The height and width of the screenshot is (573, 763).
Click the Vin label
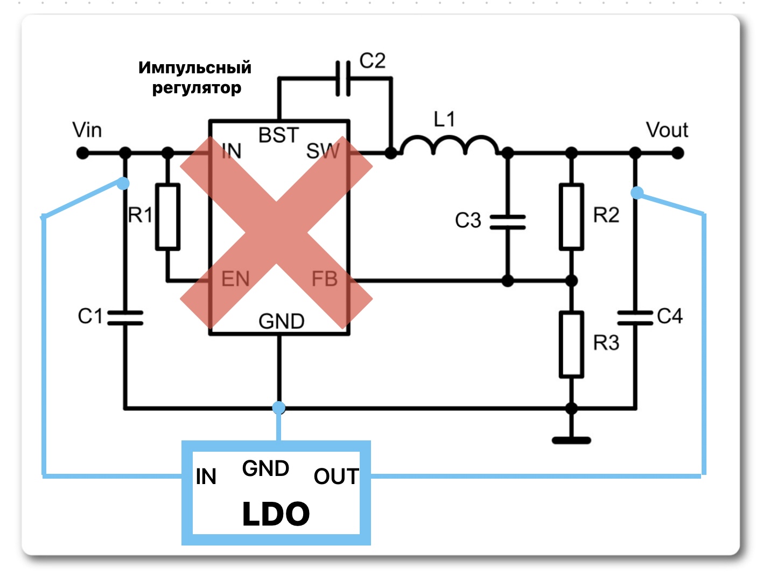[87, 130]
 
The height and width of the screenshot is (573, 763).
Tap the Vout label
[667, 130]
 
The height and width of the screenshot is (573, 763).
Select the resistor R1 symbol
[167, 217]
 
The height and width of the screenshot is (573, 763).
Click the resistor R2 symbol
[571, 217]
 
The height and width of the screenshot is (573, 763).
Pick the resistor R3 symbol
[571, 344]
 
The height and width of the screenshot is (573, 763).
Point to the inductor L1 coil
[450, 145]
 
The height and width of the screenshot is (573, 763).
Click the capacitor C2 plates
[343, 79]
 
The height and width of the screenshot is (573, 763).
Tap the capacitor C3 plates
[508, 222]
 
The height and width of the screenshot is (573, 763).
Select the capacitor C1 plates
[125, 318]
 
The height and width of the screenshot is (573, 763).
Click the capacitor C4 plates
[635, 318]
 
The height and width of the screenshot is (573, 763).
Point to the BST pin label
[278, 135]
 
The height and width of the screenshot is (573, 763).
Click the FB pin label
[325, 279]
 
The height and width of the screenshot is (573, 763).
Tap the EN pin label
[235, 279]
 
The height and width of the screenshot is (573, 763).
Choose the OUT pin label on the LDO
[336, 477]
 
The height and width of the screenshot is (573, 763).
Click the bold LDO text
[276, 514]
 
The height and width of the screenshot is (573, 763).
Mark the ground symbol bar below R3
[571, 441]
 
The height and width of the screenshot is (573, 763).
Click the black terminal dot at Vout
[677, 153]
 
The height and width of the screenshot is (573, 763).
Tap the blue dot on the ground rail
[279, 408]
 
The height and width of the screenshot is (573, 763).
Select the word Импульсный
[195, 67]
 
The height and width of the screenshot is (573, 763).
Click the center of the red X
[276, 232]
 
